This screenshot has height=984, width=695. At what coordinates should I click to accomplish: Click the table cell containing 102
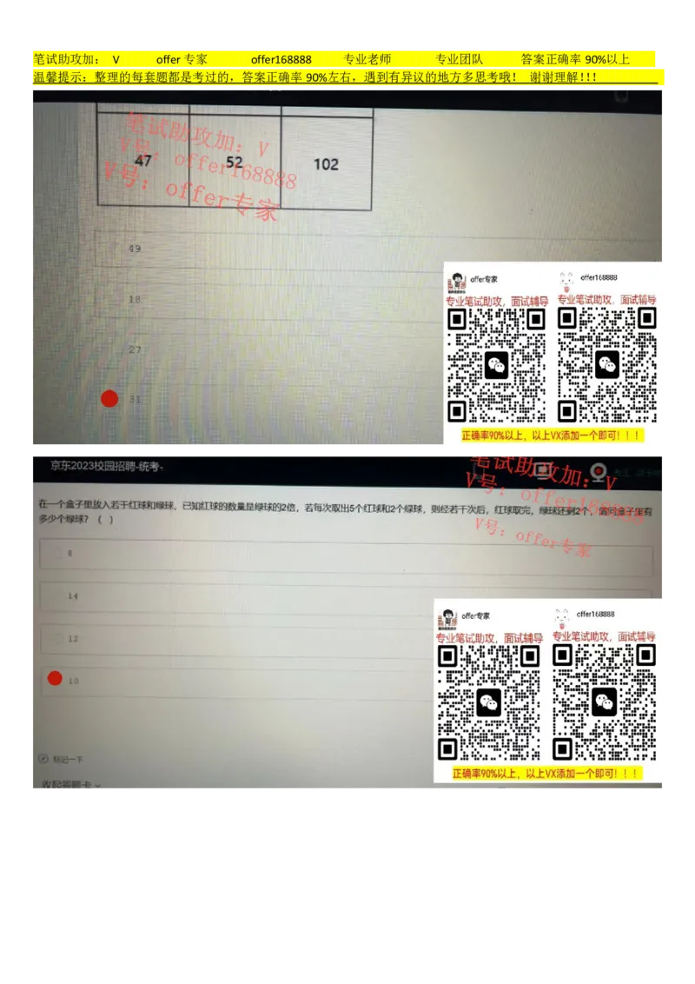point(326,164)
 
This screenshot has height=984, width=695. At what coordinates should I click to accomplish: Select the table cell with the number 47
point(143,161)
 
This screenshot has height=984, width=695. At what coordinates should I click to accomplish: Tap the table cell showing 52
point(235,162)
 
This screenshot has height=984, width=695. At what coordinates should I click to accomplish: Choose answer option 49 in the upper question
point(135,249)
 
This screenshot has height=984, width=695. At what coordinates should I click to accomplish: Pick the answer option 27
point(135,349)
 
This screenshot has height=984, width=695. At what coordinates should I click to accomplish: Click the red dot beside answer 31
point(109,399)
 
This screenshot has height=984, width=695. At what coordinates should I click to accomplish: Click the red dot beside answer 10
point(55,679)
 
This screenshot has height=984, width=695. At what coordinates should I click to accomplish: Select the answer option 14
point(73,596)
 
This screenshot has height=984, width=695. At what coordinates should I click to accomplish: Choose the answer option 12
point(73,639)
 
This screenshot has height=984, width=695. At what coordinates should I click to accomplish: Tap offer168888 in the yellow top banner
point(281,60)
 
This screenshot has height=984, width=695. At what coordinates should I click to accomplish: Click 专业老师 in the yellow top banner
point(367,60)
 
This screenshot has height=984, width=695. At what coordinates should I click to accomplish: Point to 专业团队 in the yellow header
point(459,60)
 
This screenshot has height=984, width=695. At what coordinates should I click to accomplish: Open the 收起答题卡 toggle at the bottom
point(71,785)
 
